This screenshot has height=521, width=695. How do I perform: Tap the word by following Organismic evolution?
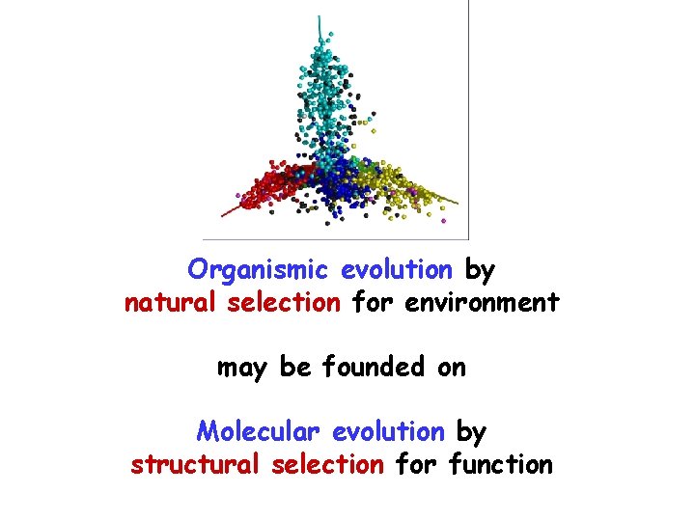click(481, 269)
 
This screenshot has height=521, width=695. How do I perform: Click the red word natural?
click(174, 303)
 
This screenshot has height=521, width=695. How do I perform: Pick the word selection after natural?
click(284, 303)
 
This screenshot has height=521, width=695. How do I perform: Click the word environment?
click(482, 303)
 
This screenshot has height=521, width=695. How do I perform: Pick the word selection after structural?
click(328, 465)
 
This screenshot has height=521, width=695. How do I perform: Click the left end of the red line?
click(223, 214)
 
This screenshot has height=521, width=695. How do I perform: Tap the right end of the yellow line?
click(458, 203)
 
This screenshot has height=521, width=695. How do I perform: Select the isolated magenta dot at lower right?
click(443, 221)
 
